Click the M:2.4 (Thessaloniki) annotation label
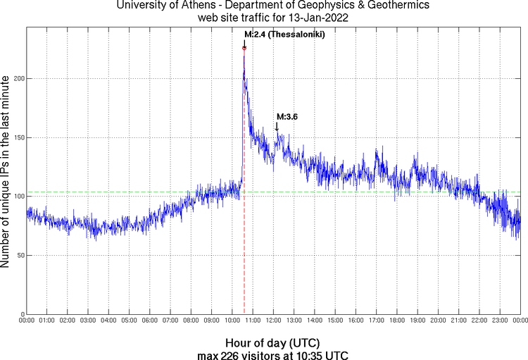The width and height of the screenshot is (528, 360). pyautogui.click(x=279, y=34)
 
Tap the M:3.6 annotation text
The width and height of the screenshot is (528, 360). pyautogui.click(x=287, y=117)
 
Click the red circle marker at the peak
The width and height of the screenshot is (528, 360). pyautogui.click(x=244, y=48)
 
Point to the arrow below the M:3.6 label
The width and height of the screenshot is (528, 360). pyautogui.click(x=277, y=126)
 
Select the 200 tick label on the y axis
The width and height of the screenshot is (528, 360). pyautogui.click(x=18, y=78)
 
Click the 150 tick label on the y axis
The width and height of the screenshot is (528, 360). pyautogui.click(x=18, y=137)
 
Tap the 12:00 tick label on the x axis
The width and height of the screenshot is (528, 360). pyautogui.click(x=274, y=321)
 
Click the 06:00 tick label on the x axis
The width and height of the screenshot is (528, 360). pyautogui.click(x=151, y=321)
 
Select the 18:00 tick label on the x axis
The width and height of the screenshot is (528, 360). pyautogui.click(x=397, y=321)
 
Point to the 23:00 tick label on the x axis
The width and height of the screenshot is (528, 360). pyautogui.click(x=500, y=321)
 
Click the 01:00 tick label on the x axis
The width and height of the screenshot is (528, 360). pyautogui.click(x=48, y=321)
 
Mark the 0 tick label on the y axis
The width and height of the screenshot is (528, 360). pyautogui.click(x=23, y=314)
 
